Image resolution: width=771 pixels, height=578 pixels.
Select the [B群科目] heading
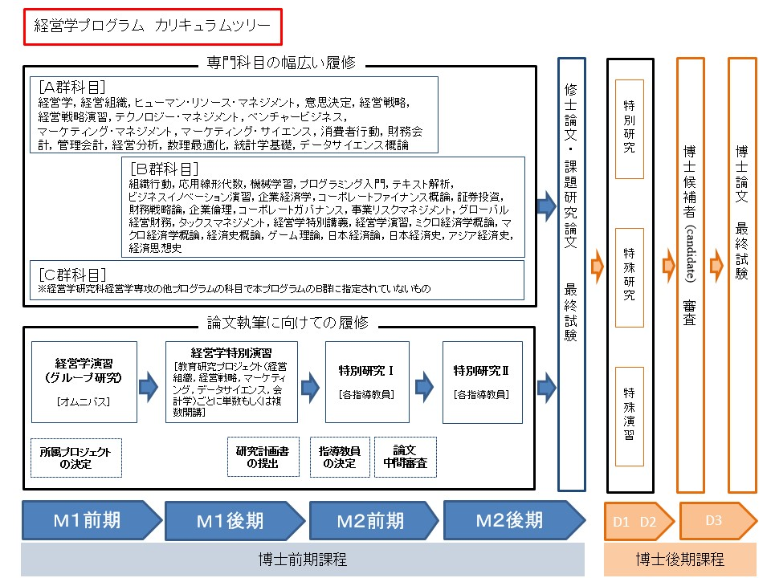pyautogui.click(x=164, y=169)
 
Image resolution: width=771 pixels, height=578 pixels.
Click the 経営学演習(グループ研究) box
pyautogui.click(x=84, y=382)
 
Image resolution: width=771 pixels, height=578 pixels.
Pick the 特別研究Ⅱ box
pyautogui.click(x=482, y=382)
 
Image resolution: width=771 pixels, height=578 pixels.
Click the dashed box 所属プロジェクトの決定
pyautogui.click(x=75, y=458)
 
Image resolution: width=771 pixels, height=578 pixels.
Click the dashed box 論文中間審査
pyautogui.click(x=405, y=458)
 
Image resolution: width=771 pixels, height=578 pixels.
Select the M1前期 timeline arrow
pyautogui.click(x=90, y=520)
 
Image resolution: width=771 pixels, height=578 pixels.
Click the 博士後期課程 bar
pyautogui.click(x=679, y=560)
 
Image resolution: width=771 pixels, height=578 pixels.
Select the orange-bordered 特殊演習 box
pyautogui.click(x=629, y=413)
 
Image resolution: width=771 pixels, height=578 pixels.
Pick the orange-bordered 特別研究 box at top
pyautogui.click(x=629, y=128)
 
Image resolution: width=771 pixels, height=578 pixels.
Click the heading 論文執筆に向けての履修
pyautogui.click(x=288, y=323)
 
